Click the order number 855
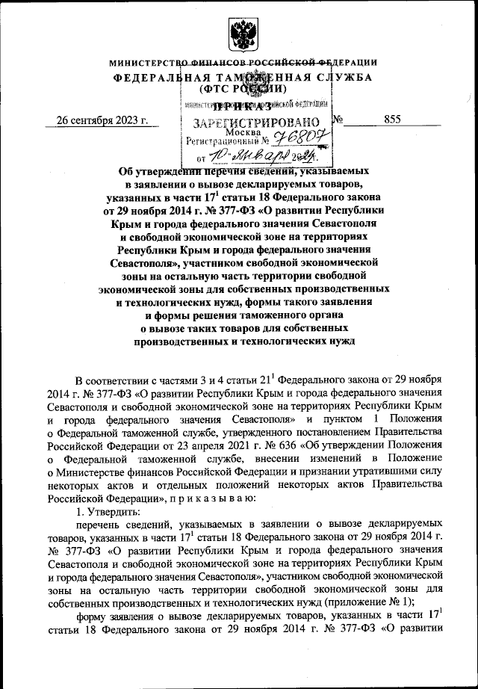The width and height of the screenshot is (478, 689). tap(393, 119)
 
